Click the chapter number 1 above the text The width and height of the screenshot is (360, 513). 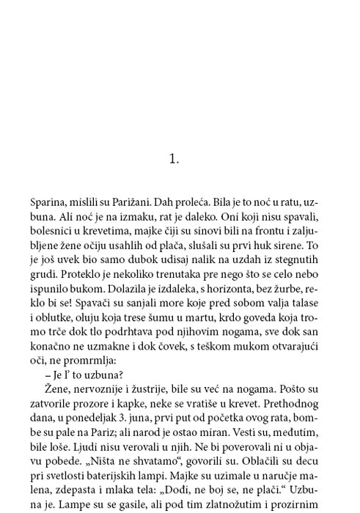[x=174, y=158]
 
